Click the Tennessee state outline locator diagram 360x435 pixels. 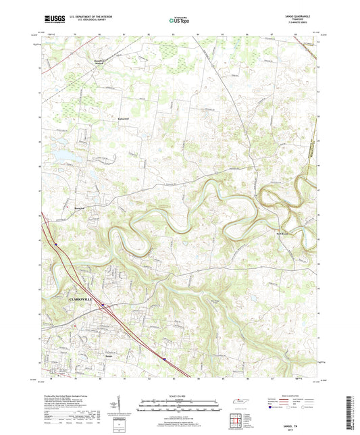[238, 403]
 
